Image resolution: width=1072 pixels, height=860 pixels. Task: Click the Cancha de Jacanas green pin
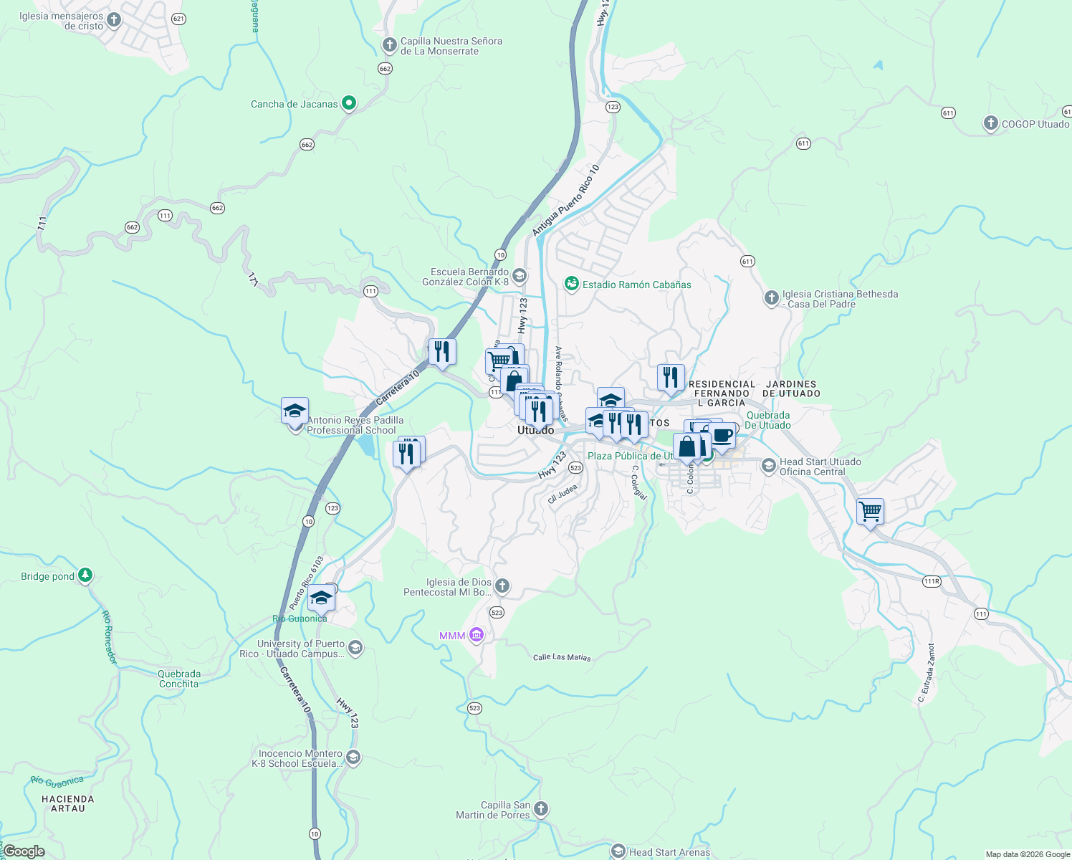pyautogui.click(x=349, y=103)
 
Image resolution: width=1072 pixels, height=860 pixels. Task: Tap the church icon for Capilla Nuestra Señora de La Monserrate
pyautogui.click(x=389, y=46)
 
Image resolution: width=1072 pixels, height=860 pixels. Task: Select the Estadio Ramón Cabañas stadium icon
pyautogui.click(x=571, y=284)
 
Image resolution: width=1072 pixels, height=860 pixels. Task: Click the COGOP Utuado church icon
pyautogui.click(x=990, y=123)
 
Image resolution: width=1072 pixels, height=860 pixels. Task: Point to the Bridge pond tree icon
pyautogui.click(x=85, y=575)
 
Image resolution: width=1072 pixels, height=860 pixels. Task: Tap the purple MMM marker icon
pyautogui.click(x=476, y=635)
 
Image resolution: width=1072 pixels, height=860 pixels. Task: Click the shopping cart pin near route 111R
pyautogui.click(x=870, y=512)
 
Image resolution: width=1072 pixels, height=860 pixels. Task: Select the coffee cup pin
pyautogui.click(x=722, y=435)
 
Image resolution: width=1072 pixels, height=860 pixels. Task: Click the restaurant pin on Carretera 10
pyautogui.click(x=442, y=351)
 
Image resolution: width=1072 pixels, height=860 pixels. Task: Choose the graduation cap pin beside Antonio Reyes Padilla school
pyautogui.click(x=295, y=411)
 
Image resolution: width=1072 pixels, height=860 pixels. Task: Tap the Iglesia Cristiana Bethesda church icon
pyautogui.click(x=771, y=298)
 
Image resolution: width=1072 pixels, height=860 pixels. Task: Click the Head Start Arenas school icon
pyautogui.click(x=618, y=851)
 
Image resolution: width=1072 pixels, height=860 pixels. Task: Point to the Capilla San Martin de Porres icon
pyautogui.click(x=541, y=809)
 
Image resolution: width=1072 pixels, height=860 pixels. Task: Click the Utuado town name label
pyautogui.click(x=535, y=430)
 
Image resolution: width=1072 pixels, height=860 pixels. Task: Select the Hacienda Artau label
pyautogui.click(x=68, y=803)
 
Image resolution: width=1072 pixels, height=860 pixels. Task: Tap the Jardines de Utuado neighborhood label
pyautogui.click(x=790, y=388)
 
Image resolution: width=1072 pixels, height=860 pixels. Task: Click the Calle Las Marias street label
pyautogui.click(x=562, y=656)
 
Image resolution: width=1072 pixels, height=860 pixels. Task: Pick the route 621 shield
pyautogui.click(x=178, y=19)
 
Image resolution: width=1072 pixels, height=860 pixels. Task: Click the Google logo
pyautogui.click(x=24, y=851)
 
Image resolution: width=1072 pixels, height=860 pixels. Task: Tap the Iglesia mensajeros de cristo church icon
pyautogui.click(x=113, y=17)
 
